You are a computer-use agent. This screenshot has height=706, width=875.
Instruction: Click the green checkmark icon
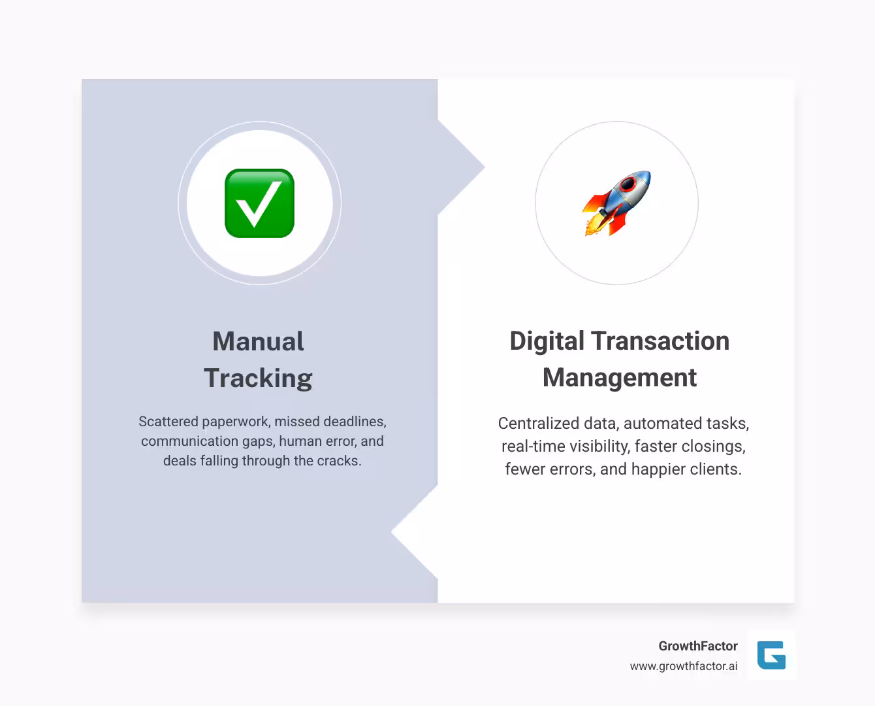[259, 203]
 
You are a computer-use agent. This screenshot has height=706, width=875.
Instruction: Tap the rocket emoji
[617, 203]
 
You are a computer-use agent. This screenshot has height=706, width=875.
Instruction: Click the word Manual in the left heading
[258, 341]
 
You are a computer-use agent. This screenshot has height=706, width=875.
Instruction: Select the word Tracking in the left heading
[258, 378]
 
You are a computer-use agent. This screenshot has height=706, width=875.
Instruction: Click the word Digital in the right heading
[547, 341]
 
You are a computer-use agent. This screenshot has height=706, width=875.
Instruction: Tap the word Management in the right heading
[620, 378]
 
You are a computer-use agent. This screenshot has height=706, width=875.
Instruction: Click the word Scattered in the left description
[168, 422]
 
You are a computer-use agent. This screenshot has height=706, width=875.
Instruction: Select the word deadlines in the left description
[355, 422]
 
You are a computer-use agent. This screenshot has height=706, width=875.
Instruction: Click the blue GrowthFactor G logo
[771, 655]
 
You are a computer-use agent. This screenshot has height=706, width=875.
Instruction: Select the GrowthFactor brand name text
[697, 646]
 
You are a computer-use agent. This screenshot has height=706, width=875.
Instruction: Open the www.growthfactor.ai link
[684, 666]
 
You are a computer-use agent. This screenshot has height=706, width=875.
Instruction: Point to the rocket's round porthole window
[628, 184]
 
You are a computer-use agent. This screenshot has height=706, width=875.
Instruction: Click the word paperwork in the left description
[235, 422]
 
